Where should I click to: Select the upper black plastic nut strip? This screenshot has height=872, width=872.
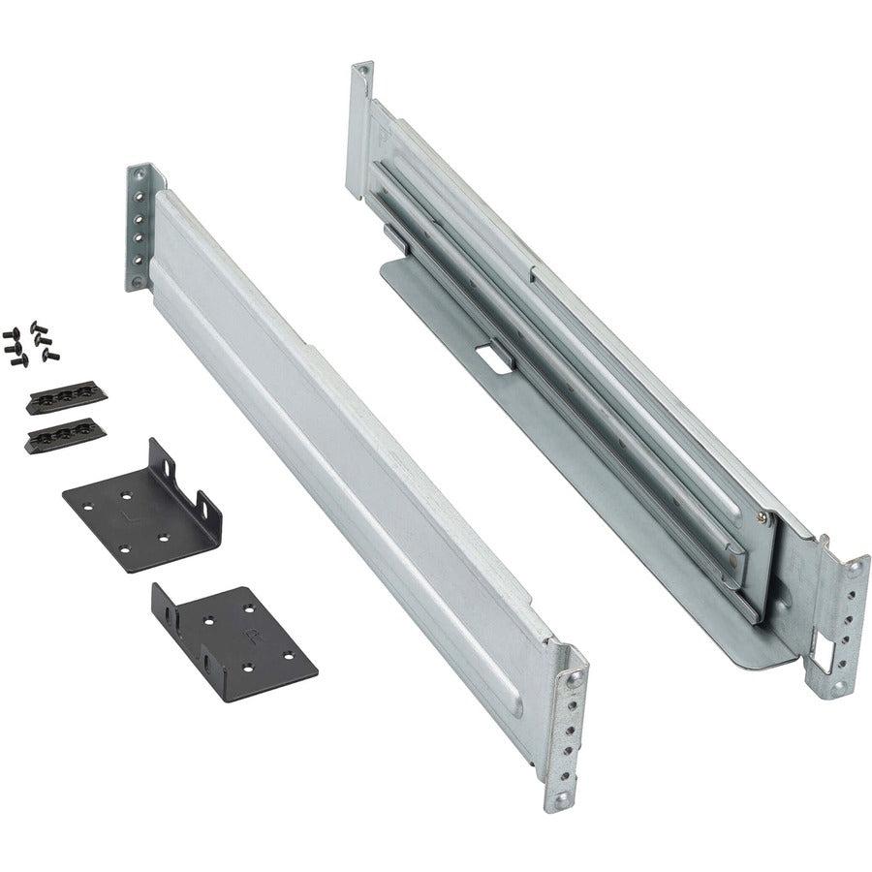pyautogui.click(x=66, y=398)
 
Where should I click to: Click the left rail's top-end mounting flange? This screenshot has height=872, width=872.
pyautogui.click(x=140, y=228)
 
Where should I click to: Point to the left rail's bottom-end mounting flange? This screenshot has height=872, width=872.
pyautogui.click(x=570, y=722)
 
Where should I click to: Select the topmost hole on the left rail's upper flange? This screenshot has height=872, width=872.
pyautogui.click(x=140, y=175)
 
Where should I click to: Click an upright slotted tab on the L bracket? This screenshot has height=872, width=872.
pyautogui.click(x=207, y=508)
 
